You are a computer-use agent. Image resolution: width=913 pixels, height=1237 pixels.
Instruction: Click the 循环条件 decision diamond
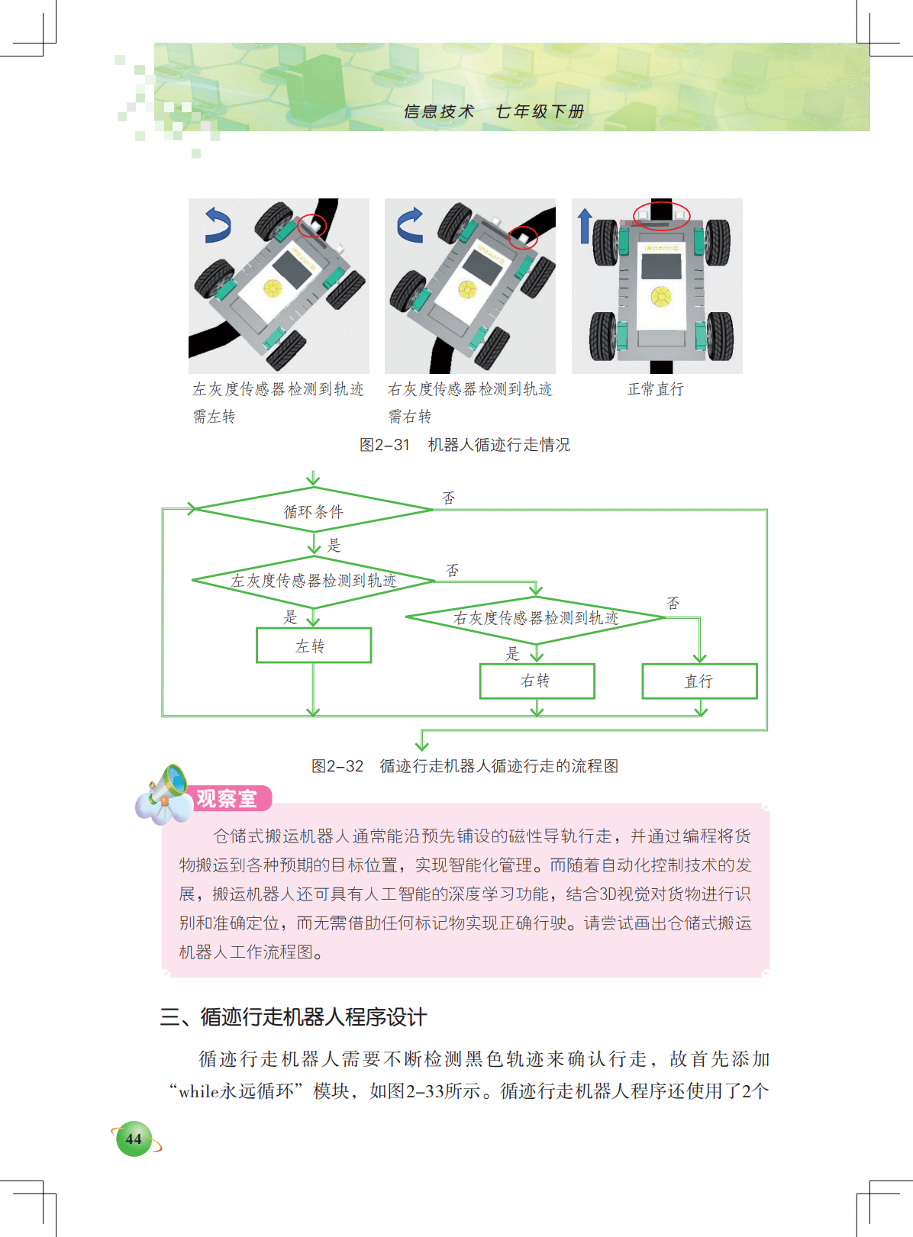313,510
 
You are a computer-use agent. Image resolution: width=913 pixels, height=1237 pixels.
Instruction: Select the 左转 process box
314,646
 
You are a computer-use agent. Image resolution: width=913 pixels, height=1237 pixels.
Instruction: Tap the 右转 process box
537,681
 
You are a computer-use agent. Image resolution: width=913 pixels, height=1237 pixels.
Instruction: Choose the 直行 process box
699,681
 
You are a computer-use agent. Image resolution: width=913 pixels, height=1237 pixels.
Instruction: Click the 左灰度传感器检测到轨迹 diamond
313,581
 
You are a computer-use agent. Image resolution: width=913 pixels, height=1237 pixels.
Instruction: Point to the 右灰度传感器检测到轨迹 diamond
536,617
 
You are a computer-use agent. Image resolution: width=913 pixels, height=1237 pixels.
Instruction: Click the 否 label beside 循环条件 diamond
448,498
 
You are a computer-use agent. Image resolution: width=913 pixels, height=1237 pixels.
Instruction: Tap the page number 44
134,1139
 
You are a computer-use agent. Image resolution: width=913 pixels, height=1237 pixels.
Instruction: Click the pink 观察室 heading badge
230,798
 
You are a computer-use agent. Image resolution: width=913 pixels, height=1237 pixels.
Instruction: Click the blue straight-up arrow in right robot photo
584,226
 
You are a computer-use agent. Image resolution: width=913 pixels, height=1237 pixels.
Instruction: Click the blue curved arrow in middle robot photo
410,225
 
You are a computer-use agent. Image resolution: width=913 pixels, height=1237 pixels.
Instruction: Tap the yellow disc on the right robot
661,295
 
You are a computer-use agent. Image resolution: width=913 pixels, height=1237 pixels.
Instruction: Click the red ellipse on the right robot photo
661,214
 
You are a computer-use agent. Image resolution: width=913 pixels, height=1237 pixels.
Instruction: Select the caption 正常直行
656,388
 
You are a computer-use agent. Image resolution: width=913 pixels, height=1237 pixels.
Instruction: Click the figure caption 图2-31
385,444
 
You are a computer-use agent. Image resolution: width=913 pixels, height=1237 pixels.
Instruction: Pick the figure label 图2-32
337,765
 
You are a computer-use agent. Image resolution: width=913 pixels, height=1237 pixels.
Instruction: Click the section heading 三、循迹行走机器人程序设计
294,1016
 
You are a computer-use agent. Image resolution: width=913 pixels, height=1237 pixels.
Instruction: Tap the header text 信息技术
439,111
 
